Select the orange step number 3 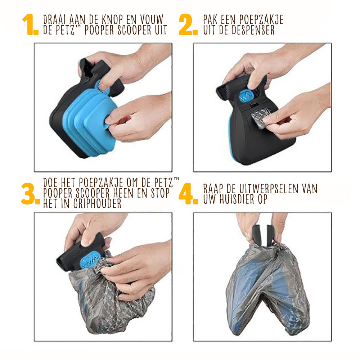tap(30, 194)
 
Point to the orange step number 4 tap(188, 194)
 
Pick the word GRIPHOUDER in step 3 tap(97, 203)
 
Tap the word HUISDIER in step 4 tap(237, 199)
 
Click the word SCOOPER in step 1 tap(134, 30)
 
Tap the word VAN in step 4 tap(310, 189)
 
